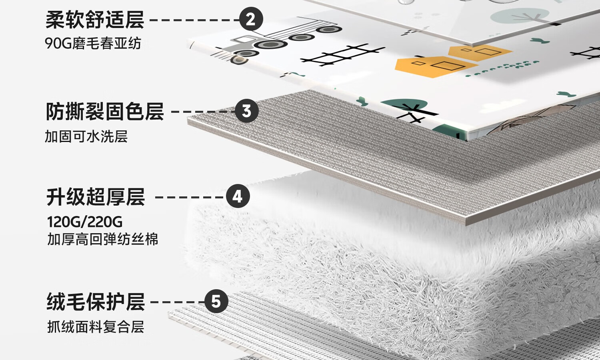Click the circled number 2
click(251, 19)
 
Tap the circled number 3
click(246, 111)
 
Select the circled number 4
click(238, 196)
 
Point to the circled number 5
click(216, 302)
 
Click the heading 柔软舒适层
click(95, 20)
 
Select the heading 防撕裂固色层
click(105, 112)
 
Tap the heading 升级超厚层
click(96, 197)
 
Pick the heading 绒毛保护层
click(96, 302)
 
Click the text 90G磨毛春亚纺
click(93, 43)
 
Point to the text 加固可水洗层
click(86, 137)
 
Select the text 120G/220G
click(85, 222)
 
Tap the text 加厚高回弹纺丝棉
click(103, 239)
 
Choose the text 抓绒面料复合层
click(96, 327)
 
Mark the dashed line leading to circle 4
click(190, 197)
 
